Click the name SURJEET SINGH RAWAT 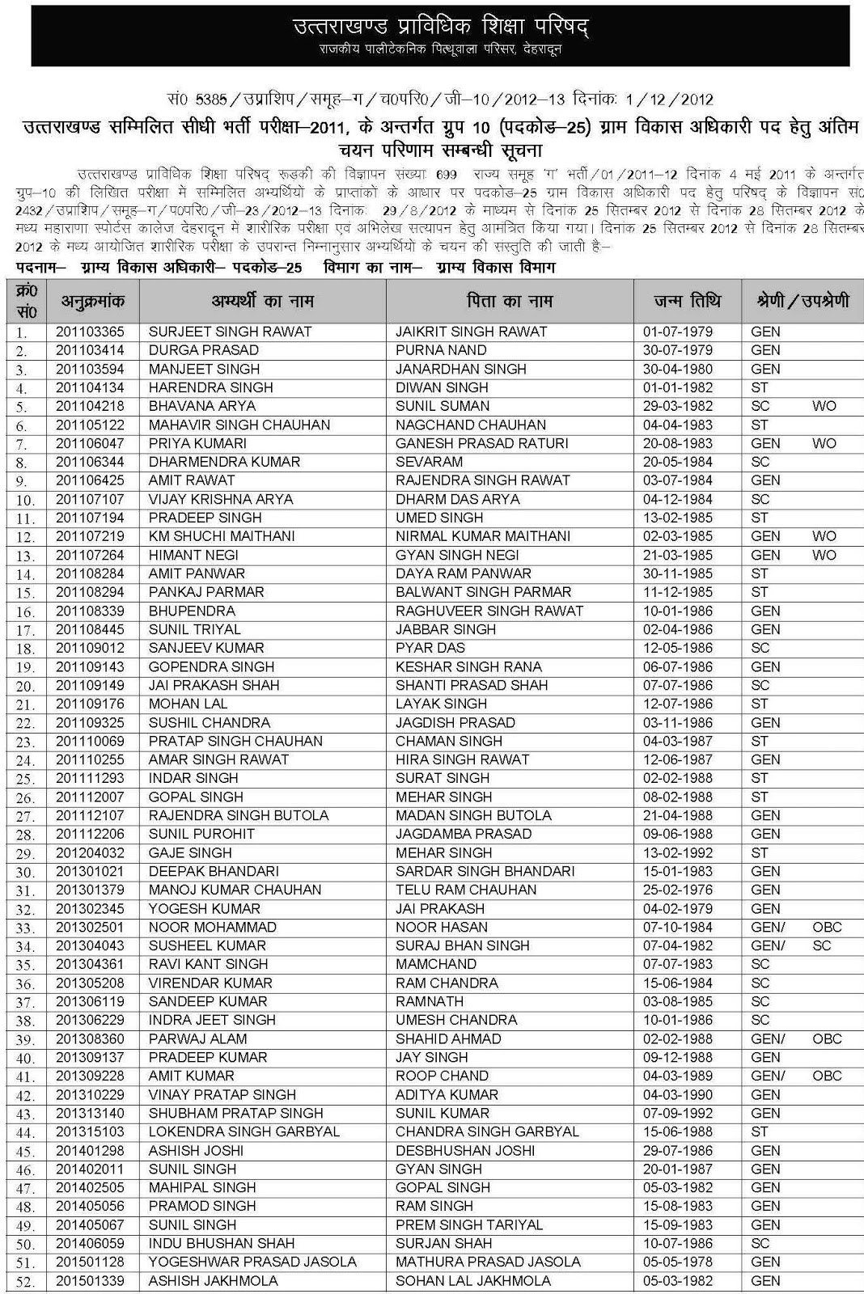[x=230, y=332]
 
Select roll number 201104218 [x=90, y=406]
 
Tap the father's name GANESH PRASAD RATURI [x=481, y=443]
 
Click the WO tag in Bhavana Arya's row [x=824, y=406]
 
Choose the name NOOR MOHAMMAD [x=201, y=927]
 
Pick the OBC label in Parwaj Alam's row [x=827, y=1038]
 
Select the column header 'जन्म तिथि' [x=687, y=302]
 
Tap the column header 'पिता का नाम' [x=510, y=302]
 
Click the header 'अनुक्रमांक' [x=93, y=302]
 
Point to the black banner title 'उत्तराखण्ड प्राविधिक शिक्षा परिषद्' [x=440, y=27]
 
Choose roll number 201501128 [x=90, y=1262]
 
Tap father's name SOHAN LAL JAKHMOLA [x=472, y=1280]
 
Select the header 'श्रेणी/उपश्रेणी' [x=803, y=302]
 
